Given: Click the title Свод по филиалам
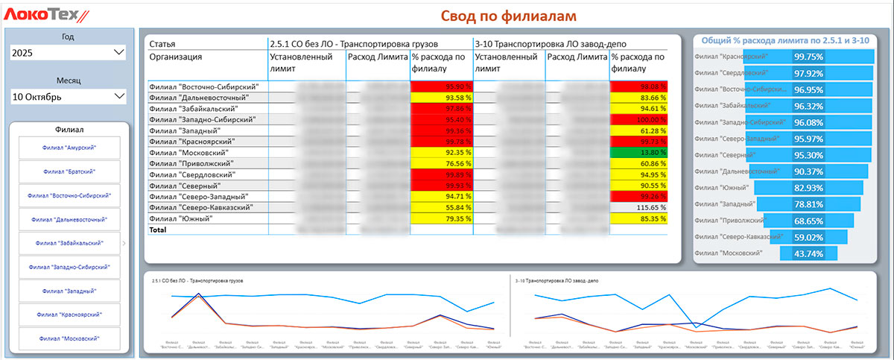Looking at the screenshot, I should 509,16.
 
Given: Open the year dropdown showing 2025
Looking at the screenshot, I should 68,53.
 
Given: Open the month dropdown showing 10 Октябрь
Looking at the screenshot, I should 68,97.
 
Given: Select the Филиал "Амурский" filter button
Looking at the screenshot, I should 69,148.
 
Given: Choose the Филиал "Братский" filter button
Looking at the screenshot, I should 69,171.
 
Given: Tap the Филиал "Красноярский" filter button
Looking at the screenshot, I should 69,315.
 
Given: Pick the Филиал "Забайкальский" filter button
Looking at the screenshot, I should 69,243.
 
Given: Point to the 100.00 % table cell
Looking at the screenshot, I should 638,119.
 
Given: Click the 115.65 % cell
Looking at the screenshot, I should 638,207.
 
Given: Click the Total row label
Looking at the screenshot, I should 158,230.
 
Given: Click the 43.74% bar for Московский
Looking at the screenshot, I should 808,253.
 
